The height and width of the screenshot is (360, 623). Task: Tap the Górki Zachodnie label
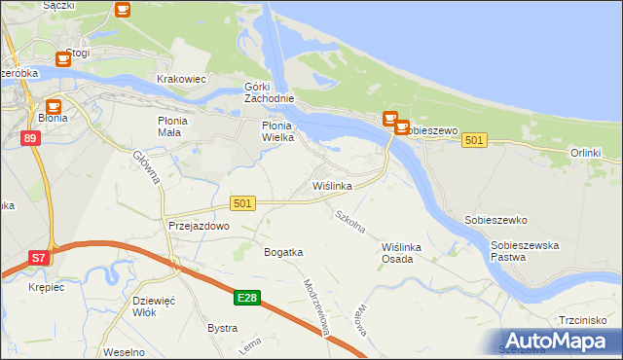pos(269,92)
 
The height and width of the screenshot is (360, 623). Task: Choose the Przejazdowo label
pos(198,225)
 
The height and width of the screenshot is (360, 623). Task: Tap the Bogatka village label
pos(283,252)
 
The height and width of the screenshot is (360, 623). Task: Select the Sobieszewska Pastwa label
pos(525,252)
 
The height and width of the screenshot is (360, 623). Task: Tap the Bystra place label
pos(222,328)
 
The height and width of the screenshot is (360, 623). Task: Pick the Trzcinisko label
pos(583,319)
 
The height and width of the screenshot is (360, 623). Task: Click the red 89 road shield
pos(30,139)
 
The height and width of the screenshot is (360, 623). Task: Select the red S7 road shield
pos(38,258)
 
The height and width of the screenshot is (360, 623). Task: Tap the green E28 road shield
pos(247,298)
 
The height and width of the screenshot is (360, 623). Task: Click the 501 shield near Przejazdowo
pos(243,202)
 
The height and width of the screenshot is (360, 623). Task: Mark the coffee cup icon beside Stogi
pos(63,59)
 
